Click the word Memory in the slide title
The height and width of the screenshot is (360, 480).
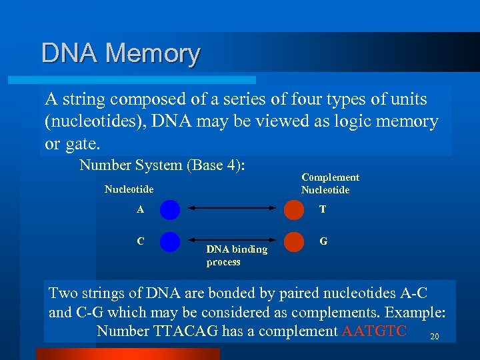coord(153,53)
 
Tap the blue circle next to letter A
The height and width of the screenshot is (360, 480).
coord(170,209)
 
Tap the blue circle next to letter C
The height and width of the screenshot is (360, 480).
coord(170,241)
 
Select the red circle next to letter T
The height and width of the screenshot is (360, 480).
coord(293,209)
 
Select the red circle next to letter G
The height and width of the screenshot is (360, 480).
coord(293,241)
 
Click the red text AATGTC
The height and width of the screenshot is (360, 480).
coord(373,331)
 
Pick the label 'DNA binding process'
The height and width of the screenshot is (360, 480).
coord(237,255)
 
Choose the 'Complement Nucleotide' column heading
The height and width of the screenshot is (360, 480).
coord(330,183)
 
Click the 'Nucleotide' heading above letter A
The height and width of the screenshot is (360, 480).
coord(129,189)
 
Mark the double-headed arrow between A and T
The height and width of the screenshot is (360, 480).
coord(232,209)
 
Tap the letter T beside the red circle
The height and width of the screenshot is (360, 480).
coord(323,209)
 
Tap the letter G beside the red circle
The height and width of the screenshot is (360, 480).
coord(323,241)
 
